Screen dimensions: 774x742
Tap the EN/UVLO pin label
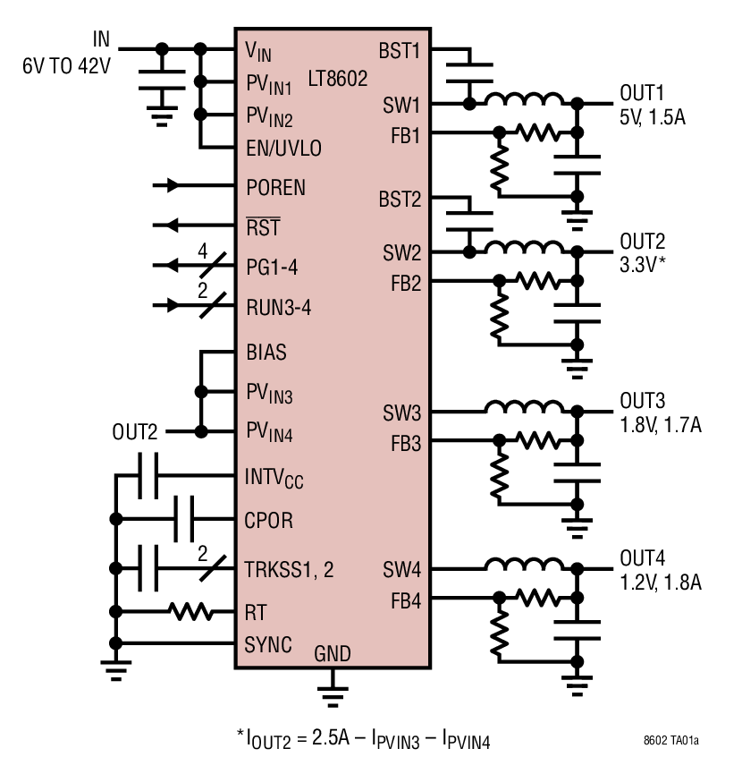pos(283,148)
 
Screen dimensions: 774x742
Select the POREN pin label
pos(275,187)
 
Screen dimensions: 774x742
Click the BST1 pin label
pos(399,50)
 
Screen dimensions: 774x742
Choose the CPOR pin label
pos(268,520)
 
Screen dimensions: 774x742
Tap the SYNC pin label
pos(268,644)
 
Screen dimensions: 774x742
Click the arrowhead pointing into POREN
pos(173,186)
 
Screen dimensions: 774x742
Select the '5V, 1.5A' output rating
pos(653,117)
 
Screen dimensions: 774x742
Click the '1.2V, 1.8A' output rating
pos(660,583)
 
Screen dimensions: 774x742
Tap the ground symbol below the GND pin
pos(332,689)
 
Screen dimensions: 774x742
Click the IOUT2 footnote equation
pos(363,739)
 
